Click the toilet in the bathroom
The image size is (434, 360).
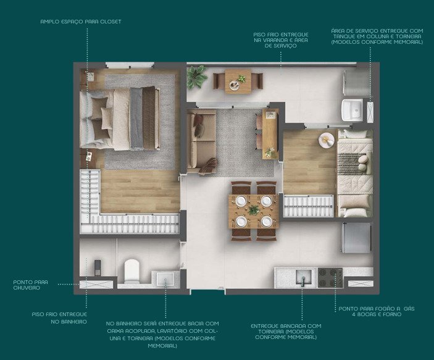click(x=131, y=270)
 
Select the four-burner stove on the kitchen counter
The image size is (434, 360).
click(x=330, y=277)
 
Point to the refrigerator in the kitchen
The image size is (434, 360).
click(x=356, y=238)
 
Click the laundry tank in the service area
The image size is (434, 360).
click(x=352, y=110)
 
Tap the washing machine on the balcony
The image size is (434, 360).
click(x=356, y=82)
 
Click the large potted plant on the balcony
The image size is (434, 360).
click(x=196, y=77)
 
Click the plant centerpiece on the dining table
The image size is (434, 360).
click(x=254, y=209)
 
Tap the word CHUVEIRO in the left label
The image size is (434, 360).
click(x=27, y=288)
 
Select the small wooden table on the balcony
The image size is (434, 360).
click(x=238, y=81)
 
